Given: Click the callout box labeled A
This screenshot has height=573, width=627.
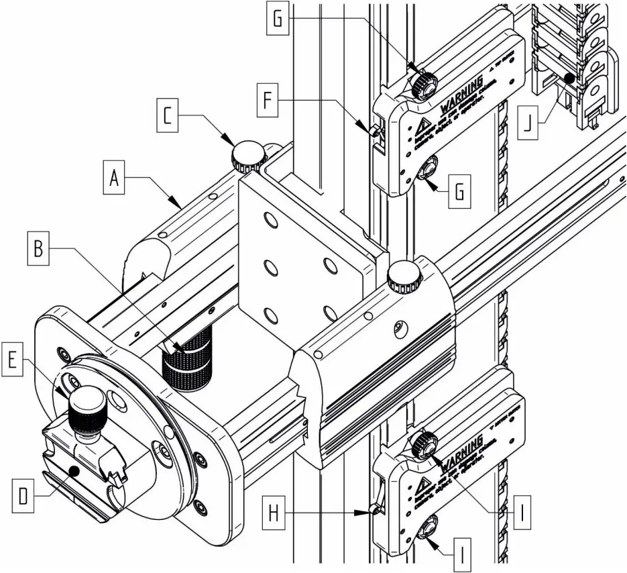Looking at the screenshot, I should pos(115,180).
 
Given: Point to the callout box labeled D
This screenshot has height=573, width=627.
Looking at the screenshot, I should pos(23,496).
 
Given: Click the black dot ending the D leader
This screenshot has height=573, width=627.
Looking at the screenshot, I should pos(76,472).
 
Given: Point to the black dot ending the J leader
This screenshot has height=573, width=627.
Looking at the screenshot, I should pos(568,79).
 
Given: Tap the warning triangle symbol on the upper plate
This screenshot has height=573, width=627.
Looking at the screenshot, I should pos(424,128).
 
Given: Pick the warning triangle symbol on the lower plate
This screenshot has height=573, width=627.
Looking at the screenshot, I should pos(424,484).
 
